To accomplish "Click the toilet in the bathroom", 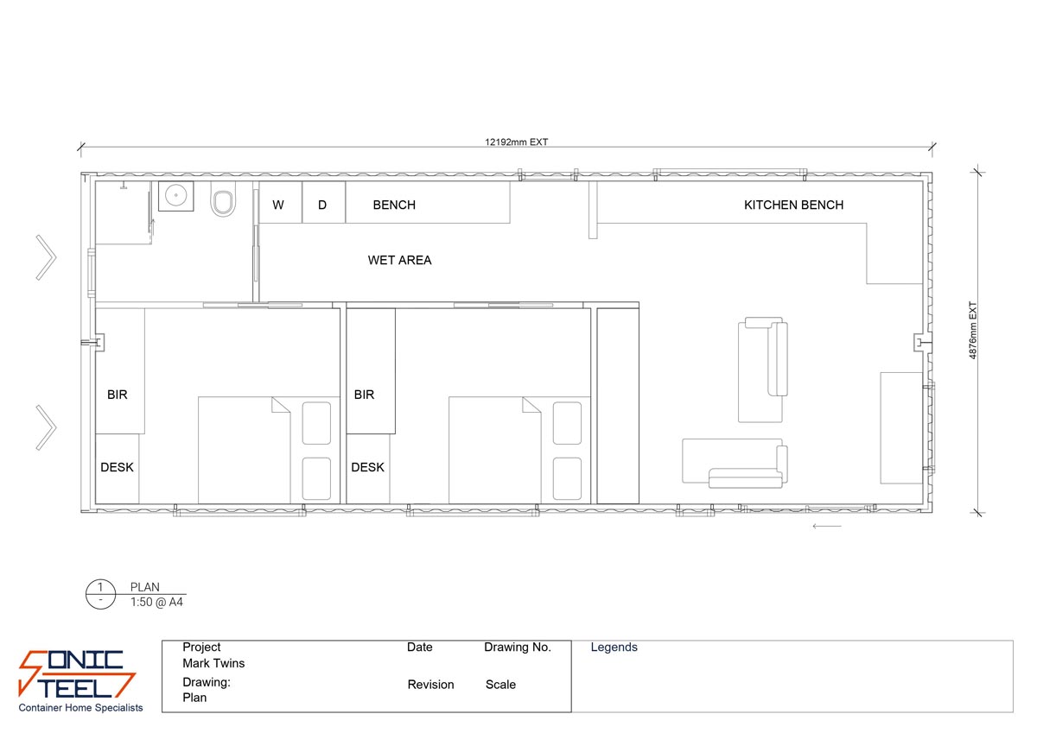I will (x=224, y=202).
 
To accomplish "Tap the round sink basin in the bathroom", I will (x=176, y=196).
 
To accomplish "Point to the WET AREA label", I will (x=399, y=260).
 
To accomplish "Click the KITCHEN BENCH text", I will (x=793, y=205).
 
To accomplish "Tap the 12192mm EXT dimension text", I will (x=516, y=142).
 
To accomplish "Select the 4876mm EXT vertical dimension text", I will (x=972, y=330).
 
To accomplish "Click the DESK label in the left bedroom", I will (x=117, y=467).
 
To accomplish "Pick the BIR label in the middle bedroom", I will (x=364, y=395).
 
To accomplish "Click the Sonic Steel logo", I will (x=78, y=676).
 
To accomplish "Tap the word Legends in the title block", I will (x=614, y=647).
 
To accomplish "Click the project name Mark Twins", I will (x=213, y=663).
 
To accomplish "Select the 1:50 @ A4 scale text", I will (x=156, y=602).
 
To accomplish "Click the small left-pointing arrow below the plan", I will (x=827, y=525).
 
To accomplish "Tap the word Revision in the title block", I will (x=430, y=685).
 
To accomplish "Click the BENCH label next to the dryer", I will (x=394, y=205).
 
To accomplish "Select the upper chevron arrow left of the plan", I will (x=46, y=257).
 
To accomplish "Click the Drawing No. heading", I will (x=517, y=647).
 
